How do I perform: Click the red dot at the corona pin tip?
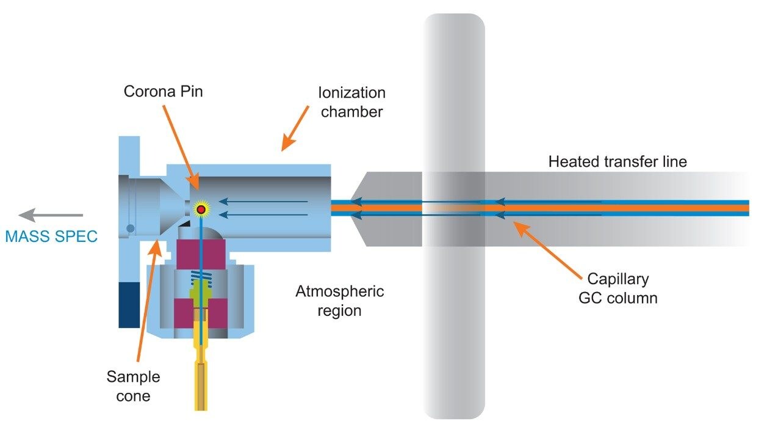tap(200, 210)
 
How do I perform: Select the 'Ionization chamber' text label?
tap(352, 102)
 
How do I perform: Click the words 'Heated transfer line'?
tap(617, 162)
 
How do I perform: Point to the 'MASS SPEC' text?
tap(51, 236)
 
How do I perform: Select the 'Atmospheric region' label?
tap(340, 301)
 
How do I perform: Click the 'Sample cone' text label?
tap(133, 386)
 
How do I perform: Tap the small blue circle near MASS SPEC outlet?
tap(130, 228)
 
